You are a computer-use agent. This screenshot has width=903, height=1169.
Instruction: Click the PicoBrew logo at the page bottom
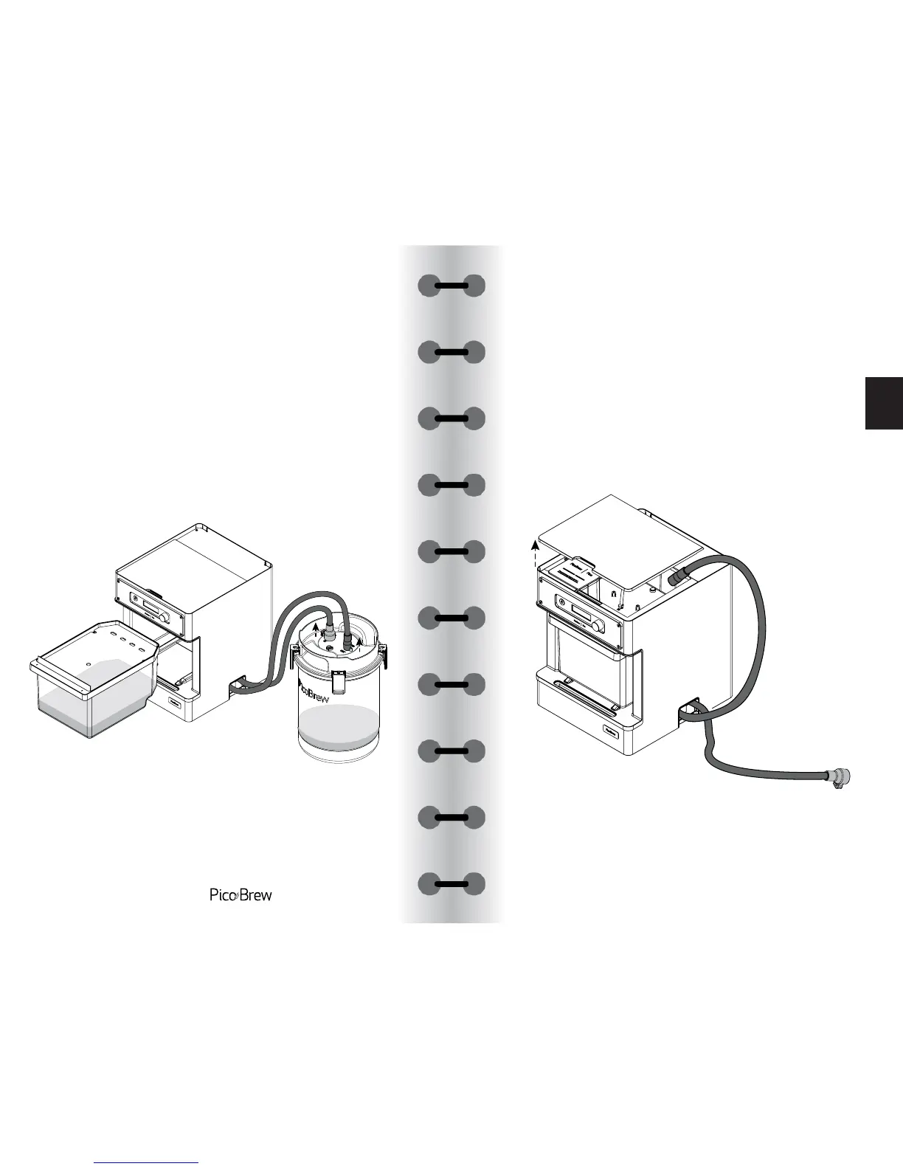(241, 895)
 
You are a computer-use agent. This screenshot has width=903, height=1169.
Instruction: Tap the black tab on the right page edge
(884, 403)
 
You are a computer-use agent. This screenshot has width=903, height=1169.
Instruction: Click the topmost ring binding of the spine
(451, 286)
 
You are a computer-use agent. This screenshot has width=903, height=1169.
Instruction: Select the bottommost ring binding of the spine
(451, 883)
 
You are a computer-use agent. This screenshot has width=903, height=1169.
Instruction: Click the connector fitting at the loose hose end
(839, 779)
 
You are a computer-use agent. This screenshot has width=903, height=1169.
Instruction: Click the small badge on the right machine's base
(611, 732)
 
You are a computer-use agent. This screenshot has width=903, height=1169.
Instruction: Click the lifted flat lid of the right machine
(620, 535)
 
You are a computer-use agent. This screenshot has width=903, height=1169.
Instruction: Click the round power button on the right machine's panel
(563, 603)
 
